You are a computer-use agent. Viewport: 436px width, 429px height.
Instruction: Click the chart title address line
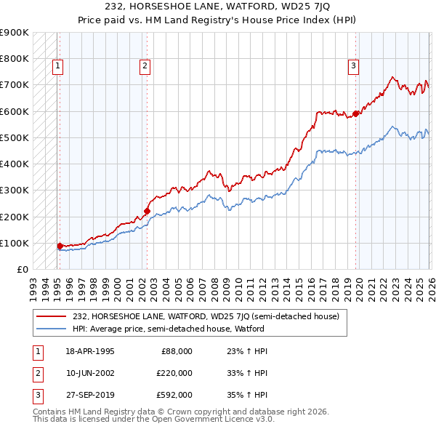218,6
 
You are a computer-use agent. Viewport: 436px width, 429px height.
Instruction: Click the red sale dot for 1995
60,246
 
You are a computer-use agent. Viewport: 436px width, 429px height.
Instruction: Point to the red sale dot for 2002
147,211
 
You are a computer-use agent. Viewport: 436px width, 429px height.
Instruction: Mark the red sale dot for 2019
356,113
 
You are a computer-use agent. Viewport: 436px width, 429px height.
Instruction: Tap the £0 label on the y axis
22,269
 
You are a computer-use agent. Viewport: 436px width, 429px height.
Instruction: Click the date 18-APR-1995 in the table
89,350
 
